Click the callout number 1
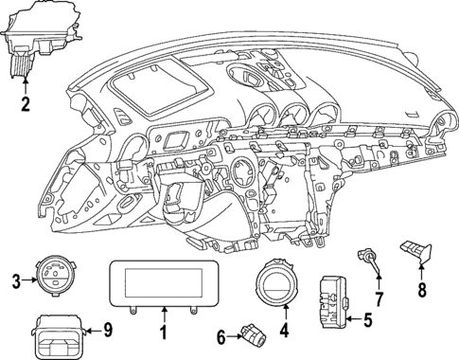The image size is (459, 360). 163,333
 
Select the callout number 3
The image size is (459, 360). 16,279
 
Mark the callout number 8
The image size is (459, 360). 422,292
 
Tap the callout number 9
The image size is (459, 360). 107,331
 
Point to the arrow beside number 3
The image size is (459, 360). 27,279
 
